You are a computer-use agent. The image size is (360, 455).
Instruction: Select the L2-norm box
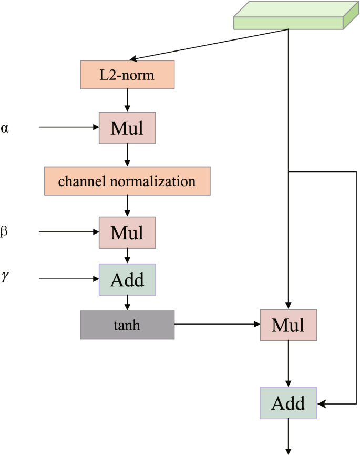point(127,75)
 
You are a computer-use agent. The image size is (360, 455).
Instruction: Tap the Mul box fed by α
point(127,128)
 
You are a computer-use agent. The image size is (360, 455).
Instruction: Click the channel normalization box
point(127,181)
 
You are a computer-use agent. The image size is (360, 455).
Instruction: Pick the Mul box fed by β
point(127,232)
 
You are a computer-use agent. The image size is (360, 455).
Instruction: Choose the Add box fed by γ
point(127,279)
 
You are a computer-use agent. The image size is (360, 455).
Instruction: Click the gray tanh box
point(127,325)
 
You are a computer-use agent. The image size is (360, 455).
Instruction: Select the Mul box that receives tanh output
point(288,325)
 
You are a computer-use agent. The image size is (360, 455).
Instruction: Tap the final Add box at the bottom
point(288,403)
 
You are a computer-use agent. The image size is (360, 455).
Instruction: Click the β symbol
point(5,231)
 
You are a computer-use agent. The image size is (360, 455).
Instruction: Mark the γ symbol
point(5,277)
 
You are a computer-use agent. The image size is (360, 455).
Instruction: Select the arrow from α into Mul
point(68,127)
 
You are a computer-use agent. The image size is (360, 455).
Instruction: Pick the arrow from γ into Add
point(68,278)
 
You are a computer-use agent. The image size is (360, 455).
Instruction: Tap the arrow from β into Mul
point(68,231)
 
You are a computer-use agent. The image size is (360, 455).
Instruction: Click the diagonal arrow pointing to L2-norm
point(210,44)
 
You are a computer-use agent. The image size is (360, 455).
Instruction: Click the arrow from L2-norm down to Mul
point(127,100)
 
